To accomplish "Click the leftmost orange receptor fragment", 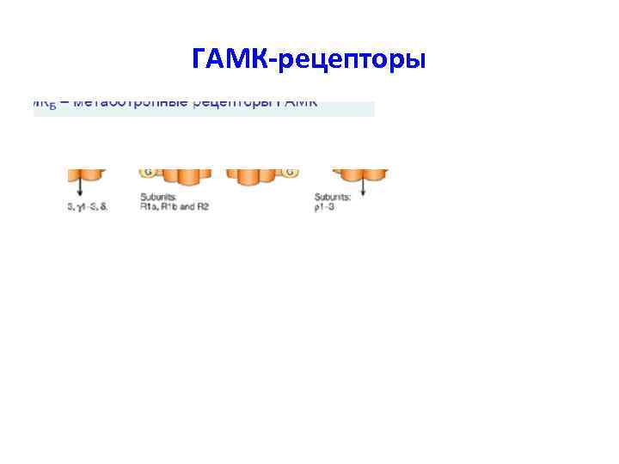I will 87,175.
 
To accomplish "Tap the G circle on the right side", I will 291,173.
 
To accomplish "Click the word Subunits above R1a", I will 158,198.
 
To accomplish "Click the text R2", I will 203,207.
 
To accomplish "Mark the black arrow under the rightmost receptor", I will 362,188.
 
